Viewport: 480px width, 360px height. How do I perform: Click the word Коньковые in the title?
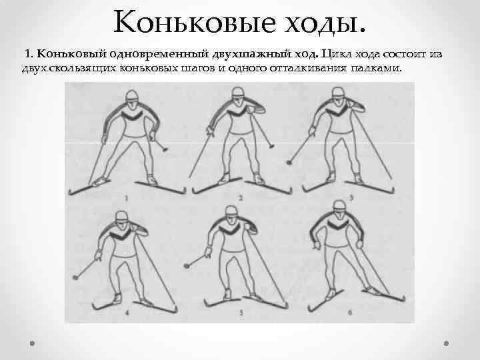pos(195,23)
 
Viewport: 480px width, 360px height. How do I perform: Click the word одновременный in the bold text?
pos(159,54)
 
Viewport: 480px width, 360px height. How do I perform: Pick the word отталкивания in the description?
pos(308,68)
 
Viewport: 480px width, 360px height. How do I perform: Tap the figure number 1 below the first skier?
pos(126,199)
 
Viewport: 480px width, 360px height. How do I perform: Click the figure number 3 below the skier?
pos(351,198)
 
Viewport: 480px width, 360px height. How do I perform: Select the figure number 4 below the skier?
pos(127,313)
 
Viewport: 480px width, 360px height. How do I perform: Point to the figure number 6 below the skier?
pos(350,313)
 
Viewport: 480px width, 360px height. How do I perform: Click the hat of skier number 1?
pos(132,95)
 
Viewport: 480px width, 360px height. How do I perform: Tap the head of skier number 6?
pos(339,209)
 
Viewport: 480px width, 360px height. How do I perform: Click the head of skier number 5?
pos(231,215)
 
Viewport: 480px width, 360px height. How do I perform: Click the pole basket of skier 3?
pos(289,163)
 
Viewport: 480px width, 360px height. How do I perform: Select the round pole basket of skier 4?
pos(75,277)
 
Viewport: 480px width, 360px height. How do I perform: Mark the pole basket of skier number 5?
pos(187,266)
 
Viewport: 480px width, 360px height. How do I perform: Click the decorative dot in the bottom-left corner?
pos(32,343)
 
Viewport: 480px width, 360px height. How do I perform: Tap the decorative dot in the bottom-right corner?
pos(446,343)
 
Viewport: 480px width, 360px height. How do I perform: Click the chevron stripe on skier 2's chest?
pos(237,112)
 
